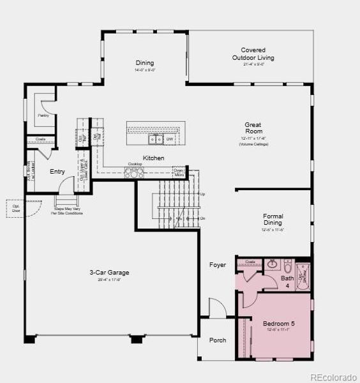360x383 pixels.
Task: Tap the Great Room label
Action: pos(253,128)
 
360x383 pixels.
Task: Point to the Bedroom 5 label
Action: pos(279,324)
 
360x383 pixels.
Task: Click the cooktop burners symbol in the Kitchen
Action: pos(135,170)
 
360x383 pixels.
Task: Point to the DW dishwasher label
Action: pos(170,139)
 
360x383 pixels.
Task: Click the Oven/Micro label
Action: pos(179,172)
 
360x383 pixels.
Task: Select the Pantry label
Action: pos(43,116)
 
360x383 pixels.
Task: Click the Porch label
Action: pos(218,340)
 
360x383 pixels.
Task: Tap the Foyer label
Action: pos(218,265)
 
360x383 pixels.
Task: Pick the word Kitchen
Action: pos(153,158)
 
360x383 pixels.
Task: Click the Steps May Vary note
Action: pos(67,210)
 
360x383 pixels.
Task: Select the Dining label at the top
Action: pos(144,63)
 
